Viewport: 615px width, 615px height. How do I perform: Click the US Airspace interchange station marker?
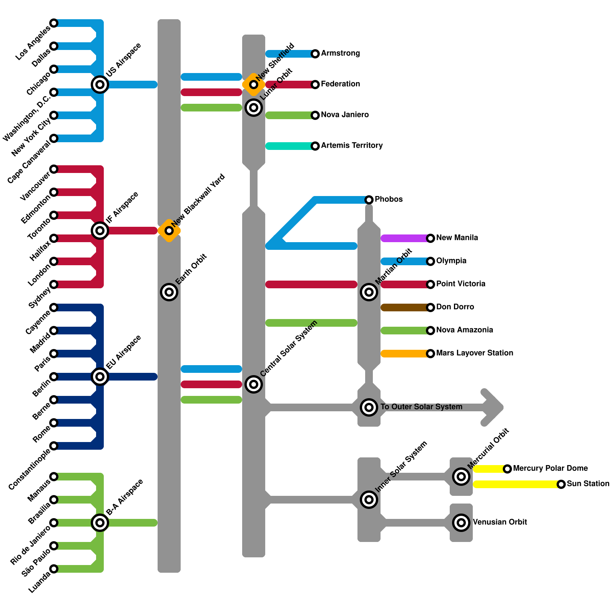tap(100, 84)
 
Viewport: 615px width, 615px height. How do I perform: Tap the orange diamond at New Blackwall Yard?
tap(169, 231)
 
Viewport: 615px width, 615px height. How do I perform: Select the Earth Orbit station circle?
tap(169, 292)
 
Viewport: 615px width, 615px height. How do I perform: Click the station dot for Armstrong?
tap(315, 54)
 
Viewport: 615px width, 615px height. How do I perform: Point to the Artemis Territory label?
tap(352, 145)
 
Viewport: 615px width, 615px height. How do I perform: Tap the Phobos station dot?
tap(369, 199)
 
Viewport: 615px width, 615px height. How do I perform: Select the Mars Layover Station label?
tap(475, 353)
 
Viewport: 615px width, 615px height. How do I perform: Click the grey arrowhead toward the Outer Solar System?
tap(494, 407)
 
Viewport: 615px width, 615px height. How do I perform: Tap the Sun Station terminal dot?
tap(561, 484)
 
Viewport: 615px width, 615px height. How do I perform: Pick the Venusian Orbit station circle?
tap(461, 523)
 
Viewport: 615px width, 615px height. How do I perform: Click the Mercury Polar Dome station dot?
tap(507, 469)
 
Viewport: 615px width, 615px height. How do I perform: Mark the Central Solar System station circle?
tap(254, 384)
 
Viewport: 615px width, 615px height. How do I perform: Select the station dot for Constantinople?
tap(54, 446)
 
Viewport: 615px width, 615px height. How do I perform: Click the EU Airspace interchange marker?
tap(100, 377)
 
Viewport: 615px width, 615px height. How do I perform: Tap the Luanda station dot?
tap(54, 569)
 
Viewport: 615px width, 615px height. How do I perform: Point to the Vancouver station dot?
tap(54, 169)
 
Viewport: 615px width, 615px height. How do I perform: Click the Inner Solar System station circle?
tap(369, 500)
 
